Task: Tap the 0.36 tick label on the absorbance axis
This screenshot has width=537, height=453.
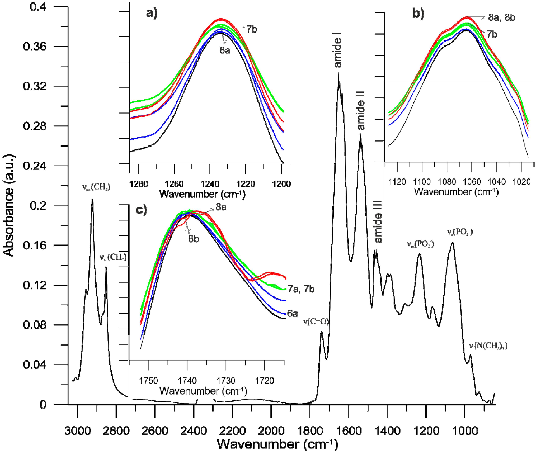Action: (x=35, y=47)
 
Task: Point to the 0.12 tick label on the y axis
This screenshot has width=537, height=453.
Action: (x=35, y=285)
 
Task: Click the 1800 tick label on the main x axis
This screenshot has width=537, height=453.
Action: (x=310, y=431)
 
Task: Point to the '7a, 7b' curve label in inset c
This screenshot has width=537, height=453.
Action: (x=301, y=289)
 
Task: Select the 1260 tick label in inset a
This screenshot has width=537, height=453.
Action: (x=174, y=184)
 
